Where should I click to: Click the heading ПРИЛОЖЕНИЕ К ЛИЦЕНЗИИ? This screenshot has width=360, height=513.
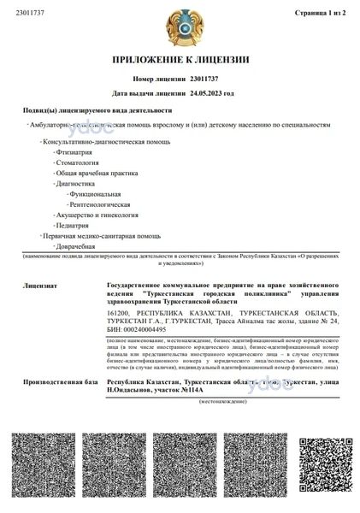point(180,60)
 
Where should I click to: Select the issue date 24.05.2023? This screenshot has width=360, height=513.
point(212,92)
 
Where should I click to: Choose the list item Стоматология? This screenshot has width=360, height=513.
point(78,162)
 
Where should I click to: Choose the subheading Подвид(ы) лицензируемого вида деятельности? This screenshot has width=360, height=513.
point(97,111)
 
